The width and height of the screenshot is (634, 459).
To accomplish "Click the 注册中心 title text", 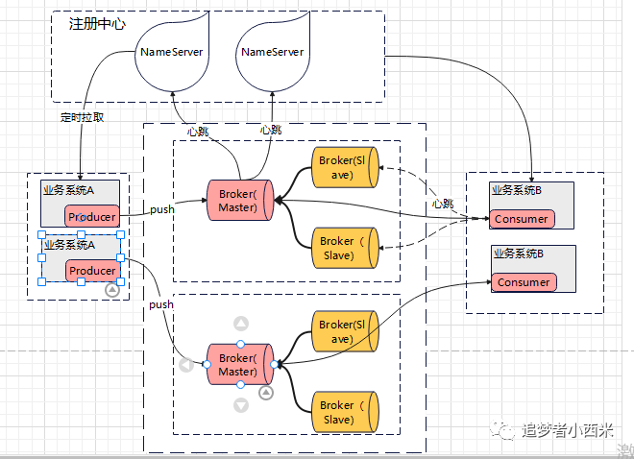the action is pos(97,24).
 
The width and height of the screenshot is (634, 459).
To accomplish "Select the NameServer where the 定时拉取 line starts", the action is pos(172,51).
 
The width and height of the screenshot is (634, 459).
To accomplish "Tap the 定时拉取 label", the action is pos(82,117).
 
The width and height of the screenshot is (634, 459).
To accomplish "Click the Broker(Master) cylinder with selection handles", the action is pos(240,365).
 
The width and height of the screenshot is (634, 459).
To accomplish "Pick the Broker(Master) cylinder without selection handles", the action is pos(240,201).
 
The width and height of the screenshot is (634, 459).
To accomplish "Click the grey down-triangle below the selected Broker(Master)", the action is pos(241,405).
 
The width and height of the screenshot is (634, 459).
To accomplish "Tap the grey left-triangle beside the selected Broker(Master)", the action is pos(186,365).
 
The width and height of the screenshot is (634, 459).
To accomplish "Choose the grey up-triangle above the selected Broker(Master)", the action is pos(241,324).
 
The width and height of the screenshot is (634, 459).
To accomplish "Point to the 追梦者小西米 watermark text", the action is pos(568,430).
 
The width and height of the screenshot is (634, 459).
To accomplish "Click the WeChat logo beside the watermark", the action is pos(502,429).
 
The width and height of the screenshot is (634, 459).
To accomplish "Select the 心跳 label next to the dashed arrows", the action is pos(443,204).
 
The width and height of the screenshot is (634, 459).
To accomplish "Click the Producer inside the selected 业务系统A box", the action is pos(92,270).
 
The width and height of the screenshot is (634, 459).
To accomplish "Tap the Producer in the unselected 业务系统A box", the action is pos(92,217).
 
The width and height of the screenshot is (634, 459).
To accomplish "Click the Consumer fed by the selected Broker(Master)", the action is pos(524,282).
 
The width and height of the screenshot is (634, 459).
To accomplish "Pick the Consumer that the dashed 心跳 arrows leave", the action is pos(522,219).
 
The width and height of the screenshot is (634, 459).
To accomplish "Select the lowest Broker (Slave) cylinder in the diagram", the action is pos(345,412).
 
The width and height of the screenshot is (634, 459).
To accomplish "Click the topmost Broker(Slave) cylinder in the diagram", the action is pos(345,167).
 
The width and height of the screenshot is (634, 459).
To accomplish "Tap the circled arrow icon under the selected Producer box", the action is pos(112,290).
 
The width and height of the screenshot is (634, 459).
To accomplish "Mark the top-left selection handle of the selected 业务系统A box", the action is pos(41,234).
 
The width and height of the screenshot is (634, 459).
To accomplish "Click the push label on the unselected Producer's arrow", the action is pos(162,209).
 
